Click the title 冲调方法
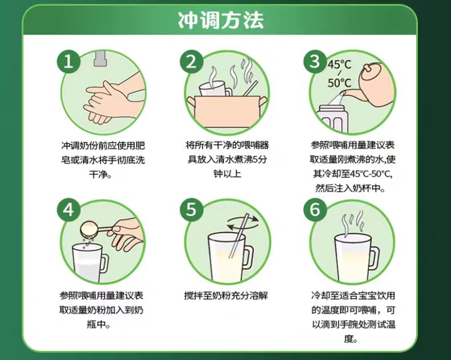pyautogui.click(x=220, y=20)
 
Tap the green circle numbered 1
pyautogui.click(x=68, y=61)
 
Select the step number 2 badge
pyautogui.click(x=192, y=61)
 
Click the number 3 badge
pyautogui.click(x=315, y=61)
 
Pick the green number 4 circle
pyautogui.click(x=68, y=210)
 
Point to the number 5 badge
pyautogui.click(x=192, y=210)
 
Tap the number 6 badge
pyautogui.click(x=315, y=210)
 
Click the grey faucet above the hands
pyautogui.click(x=100, y=58)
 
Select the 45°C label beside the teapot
pyautogui.click(x=340, y=65)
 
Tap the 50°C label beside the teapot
pyautogui.click(x=340, y=83)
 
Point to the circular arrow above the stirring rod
pyautogui.click(x=243, y=223)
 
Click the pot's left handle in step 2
pyautogui.click(x=191, y=101)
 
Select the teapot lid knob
pyautogui.click(x=367, y=67)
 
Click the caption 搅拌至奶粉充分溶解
pyautogui.click(x=226, y=295)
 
